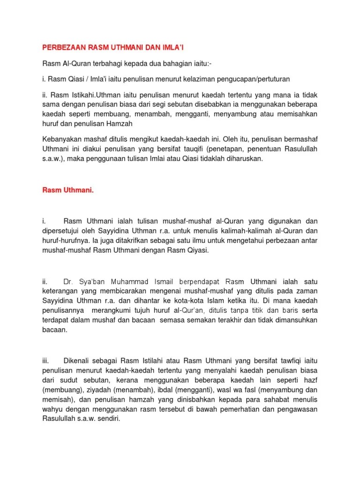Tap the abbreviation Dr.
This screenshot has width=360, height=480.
coord(68,282)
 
